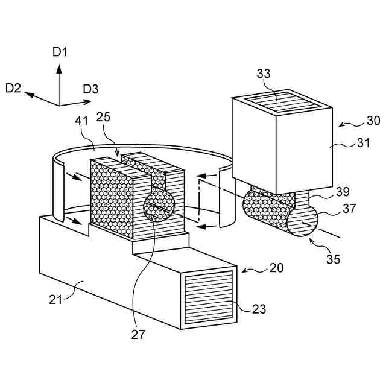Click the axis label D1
(x=60, y=52)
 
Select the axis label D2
(x=13, y=88)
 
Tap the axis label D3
(x=91, y=89)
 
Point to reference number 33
(x=264, y=74)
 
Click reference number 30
(x=373, y=121)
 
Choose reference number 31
(x=364, y=143)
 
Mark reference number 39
(x=343, y=192)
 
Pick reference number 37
(x=349, y=209)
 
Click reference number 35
(x=334, y=259)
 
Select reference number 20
(x=276, y=268)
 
